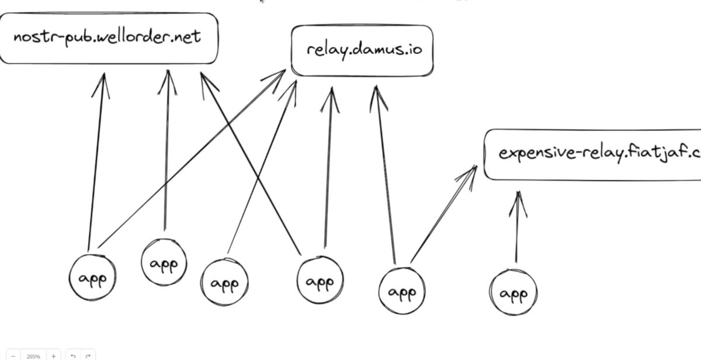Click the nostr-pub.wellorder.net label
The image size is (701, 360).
coord(107,37)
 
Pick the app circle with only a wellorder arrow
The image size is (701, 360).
coord(164,264)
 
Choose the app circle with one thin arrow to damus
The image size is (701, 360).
coord(224,284)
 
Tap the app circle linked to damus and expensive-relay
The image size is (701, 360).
coord(402,291)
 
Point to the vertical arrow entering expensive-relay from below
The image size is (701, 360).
coord(517,228)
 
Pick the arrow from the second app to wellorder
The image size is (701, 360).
coord(166,152)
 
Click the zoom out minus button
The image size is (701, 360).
coord(13,355)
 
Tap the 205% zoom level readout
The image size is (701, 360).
coord(33,355)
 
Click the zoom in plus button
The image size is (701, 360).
coord(54,355)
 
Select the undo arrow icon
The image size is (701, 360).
coord(73,355)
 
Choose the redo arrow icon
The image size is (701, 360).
coord(88,355)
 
